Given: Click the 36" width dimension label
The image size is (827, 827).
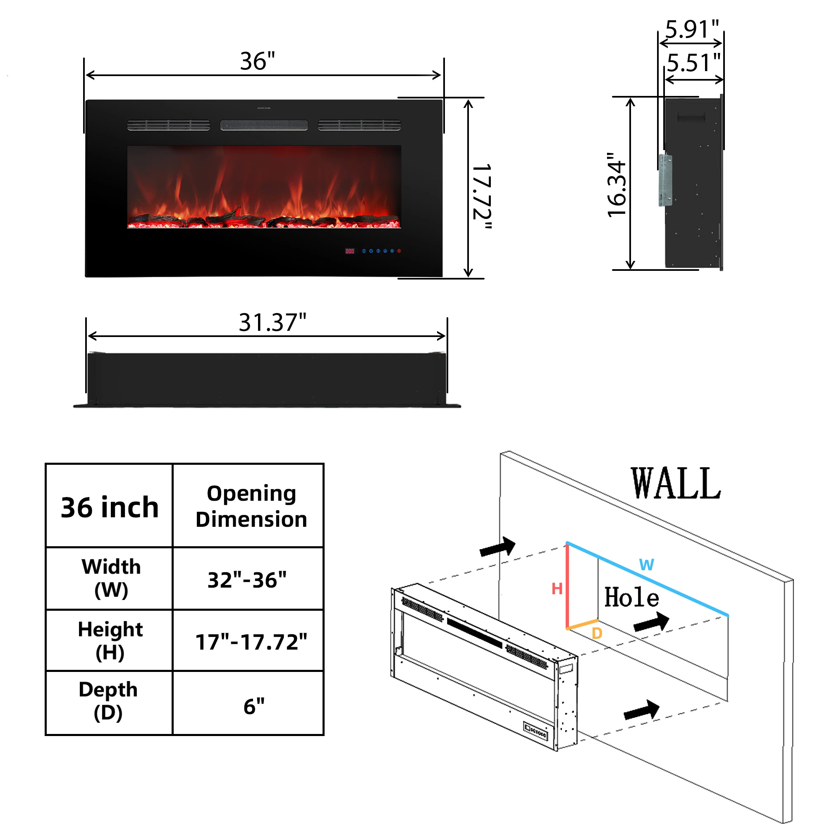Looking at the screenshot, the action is coord(257,61).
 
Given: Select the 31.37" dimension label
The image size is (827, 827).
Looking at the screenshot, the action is coord(272,323).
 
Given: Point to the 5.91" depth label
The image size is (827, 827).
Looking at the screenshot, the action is coord(692,29).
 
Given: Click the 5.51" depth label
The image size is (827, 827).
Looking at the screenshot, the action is coord(693,63).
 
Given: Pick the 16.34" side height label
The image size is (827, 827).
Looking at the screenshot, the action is coord(617,185).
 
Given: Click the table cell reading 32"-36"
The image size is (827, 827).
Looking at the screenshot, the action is coord(247,580).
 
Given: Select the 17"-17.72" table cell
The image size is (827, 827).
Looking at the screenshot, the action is coord(251,642).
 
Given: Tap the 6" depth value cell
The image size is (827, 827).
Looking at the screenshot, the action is coord(254,706).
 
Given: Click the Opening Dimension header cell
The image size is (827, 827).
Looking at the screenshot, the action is coord(251,507).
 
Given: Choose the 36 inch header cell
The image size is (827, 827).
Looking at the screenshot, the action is coord(110,507).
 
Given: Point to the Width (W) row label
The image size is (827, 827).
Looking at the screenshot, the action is coord(111,578).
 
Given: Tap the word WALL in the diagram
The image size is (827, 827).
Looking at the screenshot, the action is coord(676,483).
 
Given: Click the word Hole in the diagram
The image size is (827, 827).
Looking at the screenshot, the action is coord(631,598).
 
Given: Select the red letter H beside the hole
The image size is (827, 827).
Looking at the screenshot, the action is coord(557,589).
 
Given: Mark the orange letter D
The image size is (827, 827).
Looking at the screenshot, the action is coord(597,633).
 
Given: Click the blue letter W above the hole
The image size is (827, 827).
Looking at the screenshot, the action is coord(646,565).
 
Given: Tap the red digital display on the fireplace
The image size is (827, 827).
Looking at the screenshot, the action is coord(350,251).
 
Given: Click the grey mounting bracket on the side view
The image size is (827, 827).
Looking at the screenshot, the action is coord(665,180).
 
